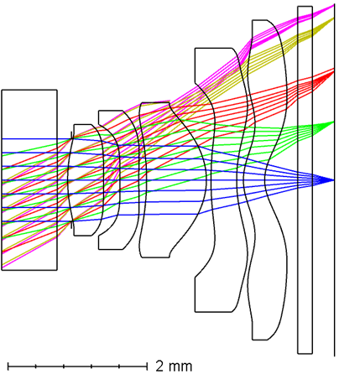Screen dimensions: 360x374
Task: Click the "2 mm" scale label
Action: pos(174,366)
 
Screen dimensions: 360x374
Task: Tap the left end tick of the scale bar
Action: pos(8,366)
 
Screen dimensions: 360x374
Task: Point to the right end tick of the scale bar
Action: pos(147,366)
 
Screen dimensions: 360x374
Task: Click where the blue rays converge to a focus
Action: pos(334,180)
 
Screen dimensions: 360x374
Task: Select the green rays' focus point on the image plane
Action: pos(334,122)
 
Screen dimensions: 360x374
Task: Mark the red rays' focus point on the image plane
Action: pos(334,70)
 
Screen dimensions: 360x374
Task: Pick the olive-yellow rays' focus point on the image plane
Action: pos(334,18)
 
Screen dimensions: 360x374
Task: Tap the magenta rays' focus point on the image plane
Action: pos(334,5)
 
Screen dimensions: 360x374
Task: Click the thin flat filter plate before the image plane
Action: pos(305,180)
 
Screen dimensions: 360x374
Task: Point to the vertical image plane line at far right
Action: pos(334,180)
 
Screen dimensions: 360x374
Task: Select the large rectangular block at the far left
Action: pos(29,180)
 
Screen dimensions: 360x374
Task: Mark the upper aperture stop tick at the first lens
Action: pos(72,135)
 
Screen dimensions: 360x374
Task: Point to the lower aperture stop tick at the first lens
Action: pos(72,225)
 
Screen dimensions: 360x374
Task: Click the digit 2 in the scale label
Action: pos(159,366)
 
